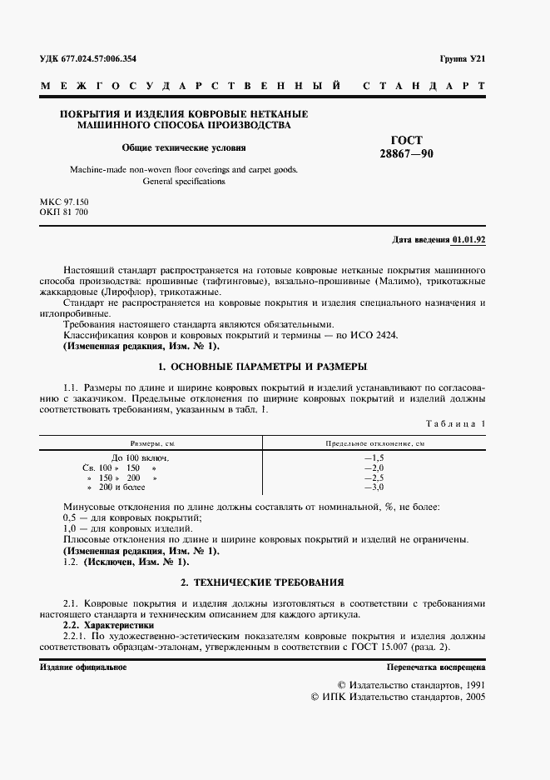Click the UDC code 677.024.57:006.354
pos(99,59)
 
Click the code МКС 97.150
pos(64,202)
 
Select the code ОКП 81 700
pos(64,213)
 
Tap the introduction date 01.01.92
pos(469,240)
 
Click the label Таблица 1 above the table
pos(455,424)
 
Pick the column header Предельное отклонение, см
pos(374,445)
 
